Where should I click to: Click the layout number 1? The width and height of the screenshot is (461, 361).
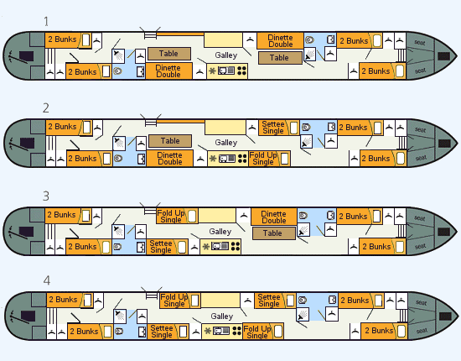(46, 22)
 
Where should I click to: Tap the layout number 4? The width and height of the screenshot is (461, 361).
(46, 280)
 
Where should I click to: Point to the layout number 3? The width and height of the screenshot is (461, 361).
(46, 196)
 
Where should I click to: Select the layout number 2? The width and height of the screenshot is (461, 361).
(46, 108)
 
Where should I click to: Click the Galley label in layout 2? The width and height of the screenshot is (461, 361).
(225, 143)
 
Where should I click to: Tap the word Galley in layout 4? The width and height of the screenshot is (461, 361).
(221, 317)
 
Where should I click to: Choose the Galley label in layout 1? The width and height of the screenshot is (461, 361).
(225, 55)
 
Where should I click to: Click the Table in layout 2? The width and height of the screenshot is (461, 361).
(170, 141)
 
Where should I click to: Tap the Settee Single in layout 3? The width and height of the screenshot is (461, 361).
(167, 247)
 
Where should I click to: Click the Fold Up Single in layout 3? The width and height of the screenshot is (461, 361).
(177, 216)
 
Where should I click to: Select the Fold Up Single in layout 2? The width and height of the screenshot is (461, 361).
(270, 159)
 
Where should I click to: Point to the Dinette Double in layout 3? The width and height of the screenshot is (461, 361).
(274, 217)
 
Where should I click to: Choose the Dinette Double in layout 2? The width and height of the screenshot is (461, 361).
(169, 159)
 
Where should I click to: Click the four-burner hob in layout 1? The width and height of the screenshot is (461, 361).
(241, 71)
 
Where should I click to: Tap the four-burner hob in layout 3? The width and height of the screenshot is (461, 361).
(236, 247)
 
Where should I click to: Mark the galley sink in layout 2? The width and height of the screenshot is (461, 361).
(226, 159)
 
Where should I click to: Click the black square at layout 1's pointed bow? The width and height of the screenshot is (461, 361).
(443, 56)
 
